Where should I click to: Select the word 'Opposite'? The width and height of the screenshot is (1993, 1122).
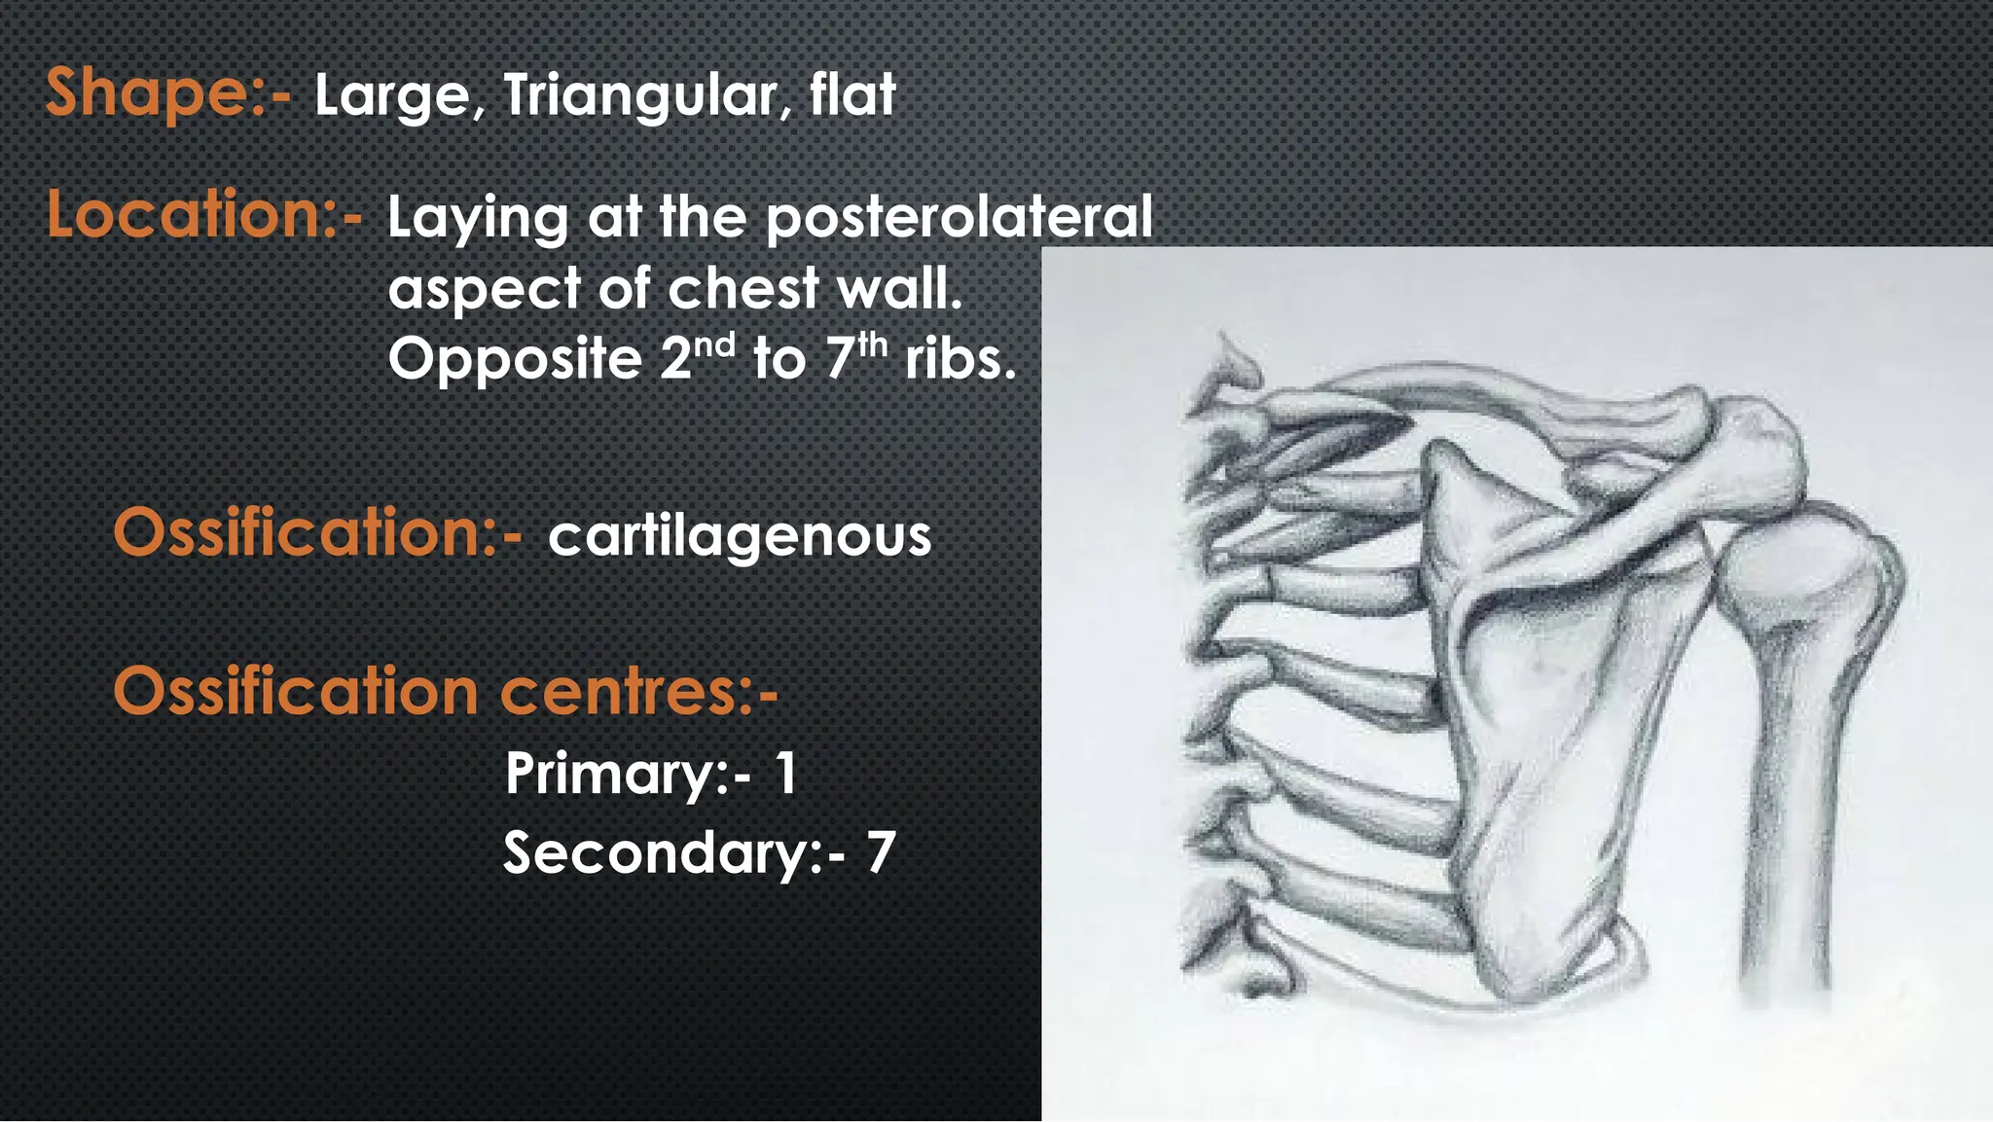coord(515,360)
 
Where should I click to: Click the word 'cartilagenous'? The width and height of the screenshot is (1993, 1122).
coord(740,536)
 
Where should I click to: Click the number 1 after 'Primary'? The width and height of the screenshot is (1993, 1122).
coord(786,775)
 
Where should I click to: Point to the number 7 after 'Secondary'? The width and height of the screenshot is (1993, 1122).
coord(880,852)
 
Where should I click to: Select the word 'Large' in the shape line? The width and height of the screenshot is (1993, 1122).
coord(392,96)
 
